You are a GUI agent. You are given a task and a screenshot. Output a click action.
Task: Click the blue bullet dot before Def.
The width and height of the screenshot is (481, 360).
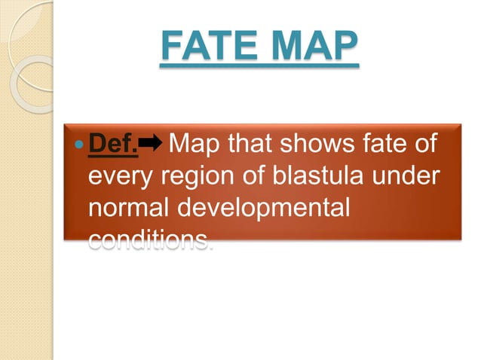coord(81,143)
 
